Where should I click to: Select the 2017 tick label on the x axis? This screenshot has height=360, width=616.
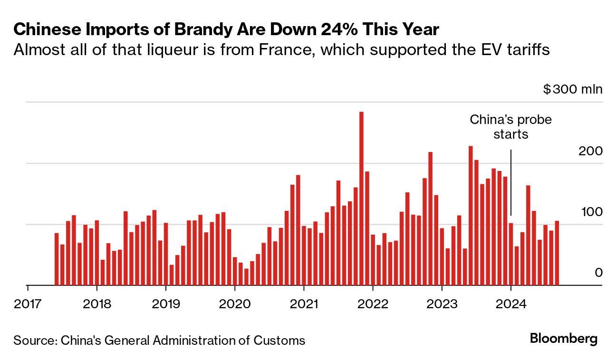click(28, 303)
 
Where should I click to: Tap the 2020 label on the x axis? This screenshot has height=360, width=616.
click(234, 303)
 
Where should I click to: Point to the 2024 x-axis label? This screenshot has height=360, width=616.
click(510, 303)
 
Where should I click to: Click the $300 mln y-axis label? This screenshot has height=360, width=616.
click(573, 89)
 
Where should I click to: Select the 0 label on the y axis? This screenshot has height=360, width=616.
click(598, 273)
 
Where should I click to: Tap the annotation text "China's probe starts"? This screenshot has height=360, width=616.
click(510, 127)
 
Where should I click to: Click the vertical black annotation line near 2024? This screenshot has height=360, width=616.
click(511, 183)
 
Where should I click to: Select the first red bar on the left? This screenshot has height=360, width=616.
click(57, 259)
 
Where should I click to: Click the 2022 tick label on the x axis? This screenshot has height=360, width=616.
click(373, 303)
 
